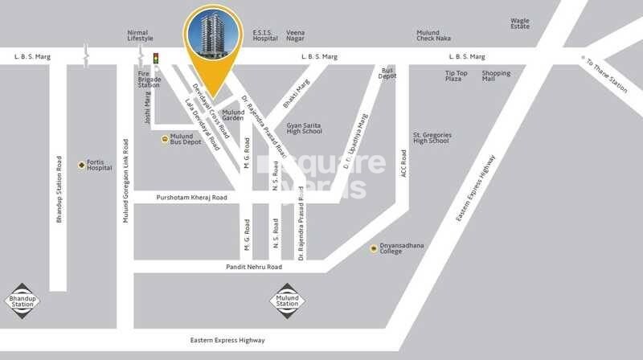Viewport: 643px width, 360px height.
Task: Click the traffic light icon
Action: (x=156, y=58)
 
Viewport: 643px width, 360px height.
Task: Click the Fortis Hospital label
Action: (x=100, y=165)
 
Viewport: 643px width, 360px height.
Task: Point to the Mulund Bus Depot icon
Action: (x=166, y=138)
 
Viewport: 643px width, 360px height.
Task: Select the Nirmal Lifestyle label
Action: (x=140, y=36)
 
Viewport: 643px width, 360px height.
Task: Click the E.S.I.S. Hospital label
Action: (x=265, y=36)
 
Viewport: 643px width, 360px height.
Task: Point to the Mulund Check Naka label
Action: (x=433, y=36)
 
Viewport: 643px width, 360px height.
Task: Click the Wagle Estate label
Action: (x=520, y=24)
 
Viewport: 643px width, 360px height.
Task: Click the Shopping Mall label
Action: (x=496, y=76)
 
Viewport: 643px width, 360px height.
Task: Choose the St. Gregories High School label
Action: (x=431, y=137)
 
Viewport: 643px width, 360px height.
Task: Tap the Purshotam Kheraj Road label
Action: (x=192, y=197)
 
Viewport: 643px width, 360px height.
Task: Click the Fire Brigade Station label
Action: (x=149, y=80)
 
